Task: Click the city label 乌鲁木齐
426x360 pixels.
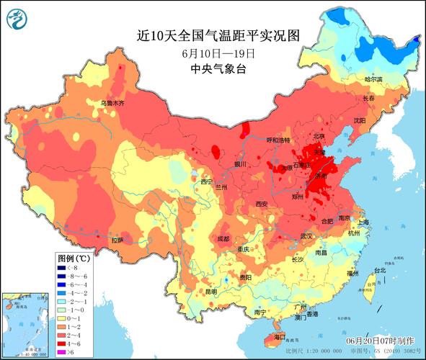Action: (111, 104)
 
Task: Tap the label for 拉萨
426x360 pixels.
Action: (116, 240)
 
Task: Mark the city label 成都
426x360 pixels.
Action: (223, 238)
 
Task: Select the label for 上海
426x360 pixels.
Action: (363, 223)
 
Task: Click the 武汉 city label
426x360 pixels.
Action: (306, 235)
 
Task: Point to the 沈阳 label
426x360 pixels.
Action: (360, 120)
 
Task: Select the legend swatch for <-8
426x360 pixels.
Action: (63, 268)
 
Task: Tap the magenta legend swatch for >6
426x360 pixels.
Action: (63, 351)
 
